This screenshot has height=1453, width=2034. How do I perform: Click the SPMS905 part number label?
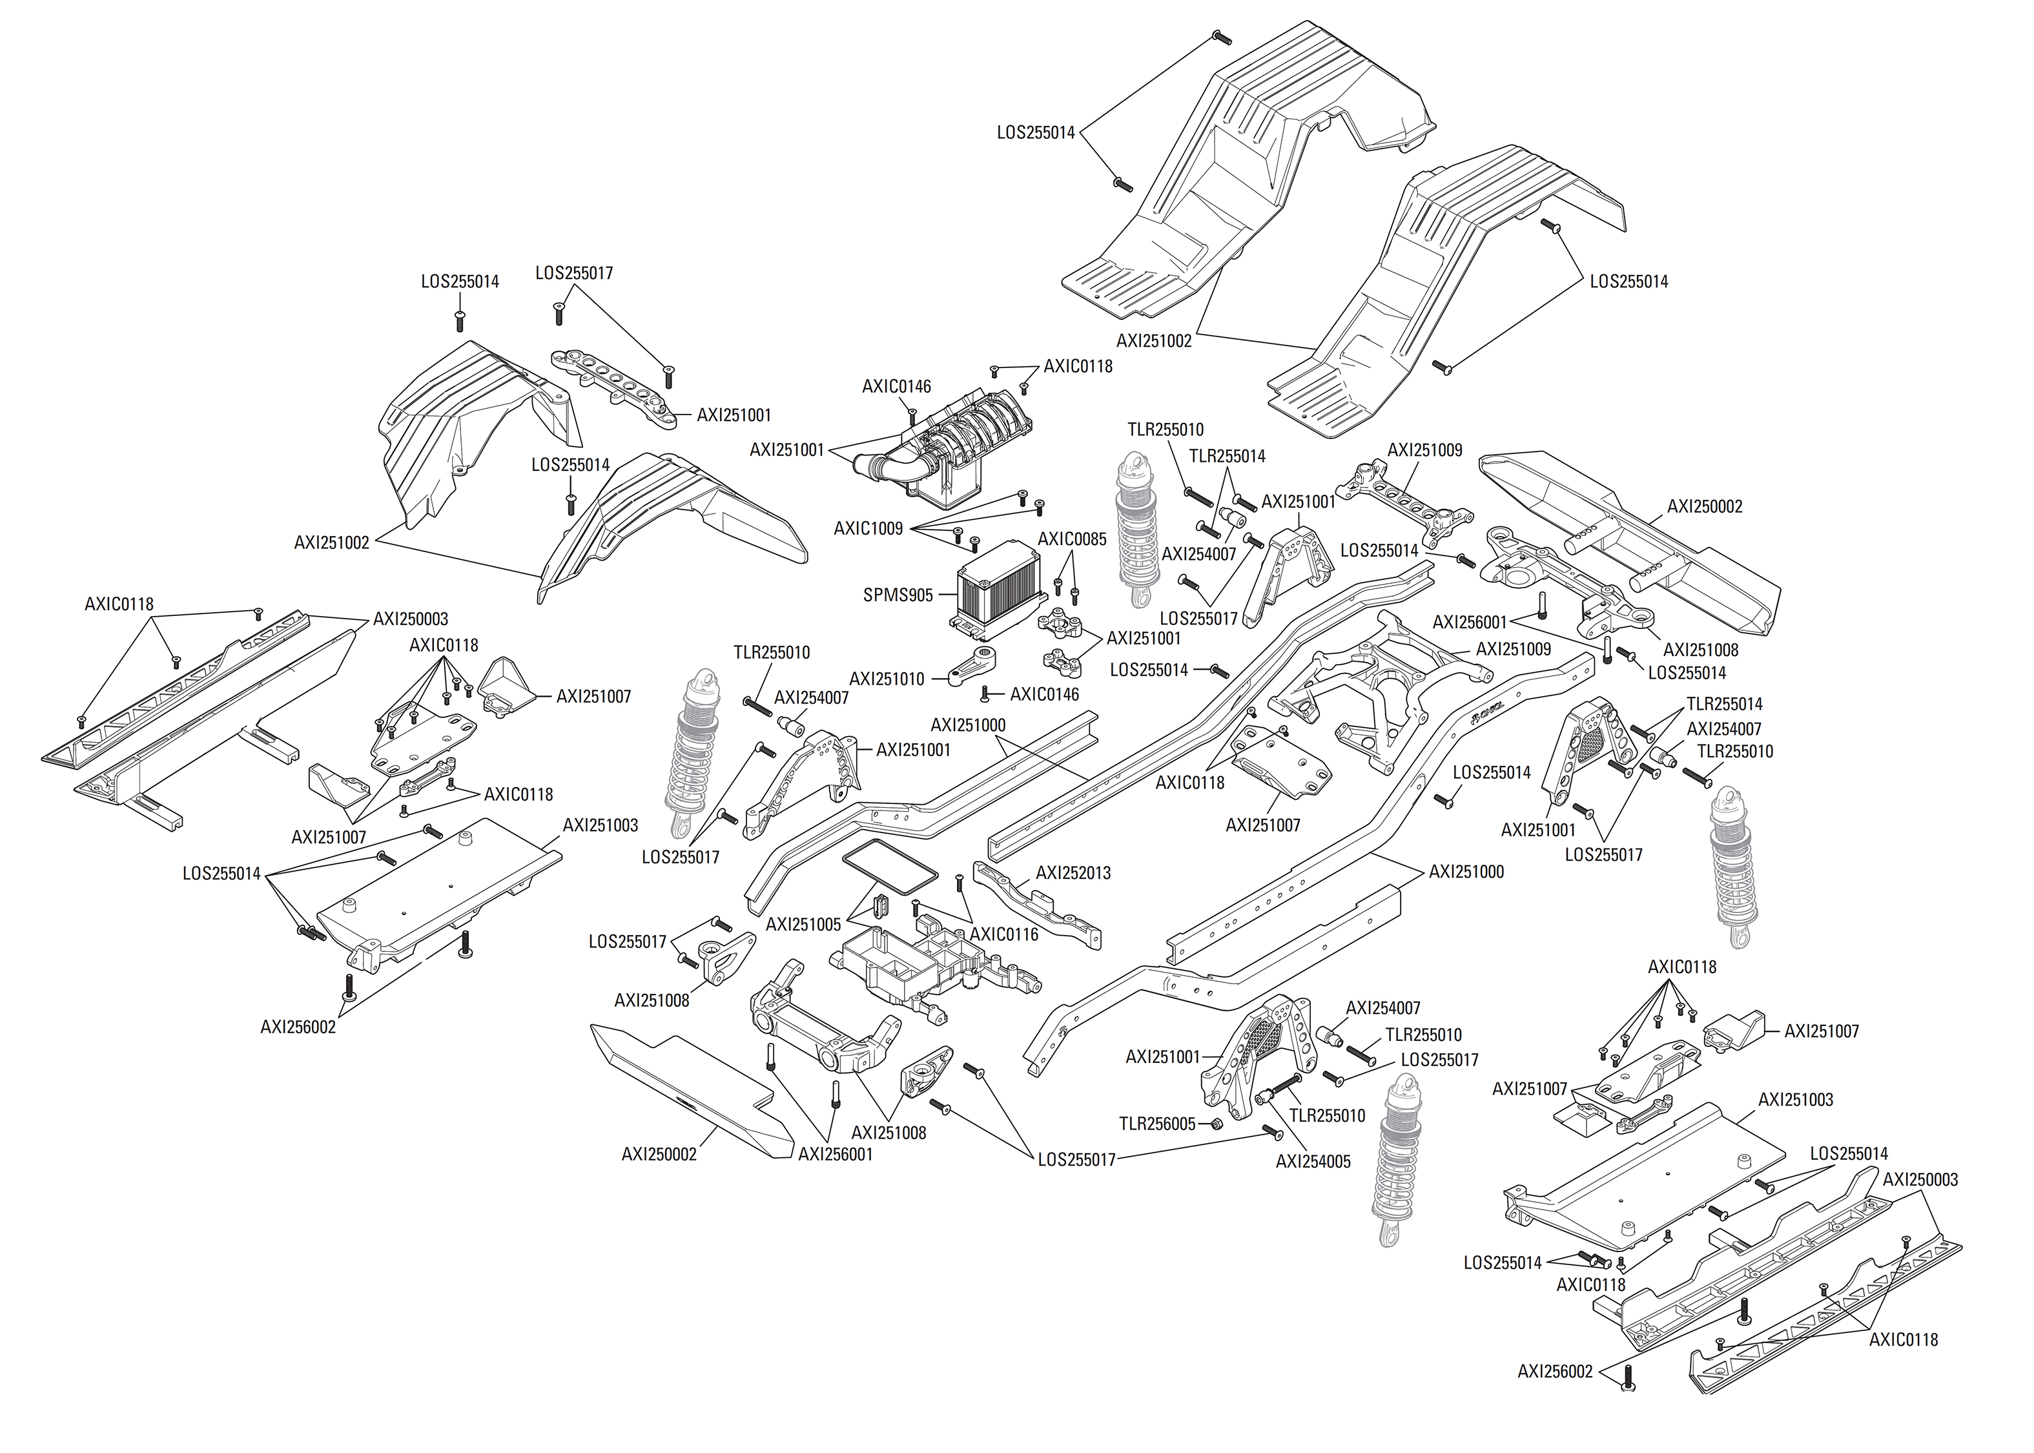897,595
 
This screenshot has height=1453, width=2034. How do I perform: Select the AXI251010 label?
887,679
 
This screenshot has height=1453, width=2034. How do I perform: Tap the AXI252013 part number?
1073,872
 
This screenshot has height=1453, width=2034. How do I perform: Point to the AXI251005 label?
803,924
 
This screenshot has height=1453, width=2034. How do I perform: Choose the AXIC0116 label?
1003,935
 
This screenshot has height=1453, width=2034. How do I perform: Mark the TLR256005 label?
1156,1124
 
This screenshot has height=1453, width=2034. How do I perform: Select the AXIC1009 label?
868,529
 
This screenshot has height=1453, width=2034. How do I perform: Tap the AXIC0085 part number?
1071,539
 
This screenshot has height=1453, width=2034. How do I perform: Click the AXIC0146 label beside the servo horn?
1044,694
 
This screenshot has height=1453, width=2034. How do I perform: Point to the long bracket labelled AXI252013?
1038,903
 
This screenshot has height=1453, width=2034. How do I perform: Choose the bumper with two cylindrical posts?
1628,546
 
